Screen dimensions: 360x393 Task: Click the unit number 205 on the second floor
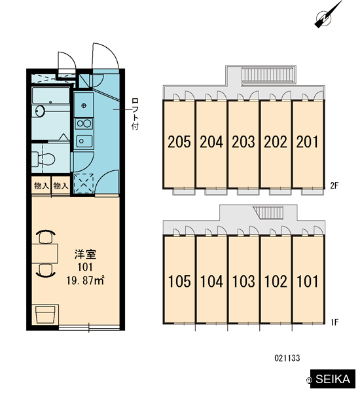point(179,141)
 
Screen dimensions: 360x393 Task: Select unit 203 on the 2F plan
point(243,141)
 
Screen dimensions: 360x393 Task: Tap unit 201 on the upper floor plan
point(307,141)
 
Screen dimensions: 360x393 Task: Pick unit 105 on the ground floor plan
point(179,281)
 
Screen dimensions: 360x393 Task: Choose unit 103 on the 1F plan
point(243,281)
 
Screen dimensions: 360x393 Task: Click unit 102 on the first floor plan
point(276,281)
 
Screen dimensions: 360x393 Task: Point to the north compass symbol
point(327,15)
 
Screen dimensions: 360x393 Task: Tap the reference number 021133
point(287,358)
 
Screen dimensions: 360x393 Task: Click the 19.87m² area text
point(86,280)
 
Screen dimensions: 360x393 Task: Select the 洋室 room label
point(85,254)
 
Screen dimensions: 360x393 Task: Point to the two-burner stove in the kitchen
point(84,124)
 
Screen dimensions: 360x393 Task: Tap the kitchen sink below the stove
point(84,141)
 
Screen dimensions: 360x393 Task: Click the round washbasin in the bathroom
point(40,111)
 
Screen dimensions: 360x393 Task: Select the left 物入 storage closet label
point(41,186)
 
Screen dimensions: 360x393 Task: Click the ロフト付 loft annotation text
point(135,114)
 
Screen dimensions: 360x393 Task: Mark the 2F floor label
point(334,186)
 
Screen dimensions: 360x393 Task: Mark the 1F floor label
point(334,322)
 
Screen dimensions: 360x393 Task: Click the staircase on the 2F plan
point(268,75)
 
